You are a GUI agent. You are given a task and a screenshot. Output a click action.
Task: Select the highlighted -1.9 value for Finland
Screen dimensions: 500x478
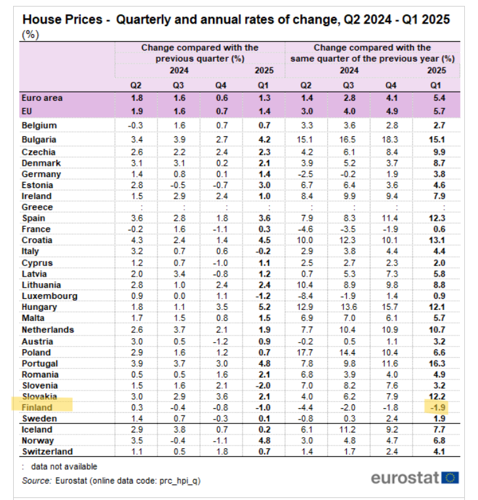(435, 408)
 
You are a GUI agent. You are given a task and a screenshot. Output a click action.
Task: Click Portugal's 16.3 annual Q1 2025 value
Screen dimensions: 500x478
(436, 364)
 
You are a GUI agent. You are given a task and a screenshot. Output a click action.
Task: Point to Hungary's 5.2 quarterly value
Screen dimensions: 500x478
(264, 307)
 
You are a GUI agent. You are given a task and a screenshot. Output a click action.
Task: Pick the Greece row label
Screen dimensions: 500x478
(38, 207)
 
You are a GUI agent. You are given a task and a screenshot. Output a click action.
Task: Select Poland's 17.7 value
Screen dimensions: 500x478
(306, 352)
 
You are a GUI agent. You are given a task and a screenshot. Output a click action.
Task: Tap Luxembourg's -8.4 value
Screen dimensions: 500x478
(306, 296)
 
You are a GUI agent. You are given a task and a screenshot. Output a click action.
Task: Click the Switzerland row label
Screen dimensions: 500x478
(47, 452)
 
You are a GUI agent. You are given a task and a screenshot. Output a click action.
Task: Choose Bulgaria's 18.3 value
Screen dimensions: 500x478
(391, 140)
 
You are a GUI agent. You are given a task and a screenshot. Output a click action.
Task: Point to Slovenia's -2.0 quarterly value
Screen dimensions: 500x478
(264, 385)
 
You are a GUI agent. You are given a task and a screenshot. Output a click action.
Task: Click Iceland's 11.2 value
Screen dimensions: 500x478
(349, 430)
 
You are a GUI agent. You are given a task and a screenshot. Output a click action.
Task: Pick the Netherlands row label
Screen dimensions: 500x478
(47, 330)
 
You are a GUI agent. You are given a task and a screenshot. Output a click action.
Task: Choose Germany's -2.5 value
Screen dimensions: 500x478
(306, 174)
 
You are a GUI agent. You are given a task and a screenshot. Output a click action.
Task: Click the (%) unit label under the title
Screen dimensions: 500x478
(31, 35)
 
